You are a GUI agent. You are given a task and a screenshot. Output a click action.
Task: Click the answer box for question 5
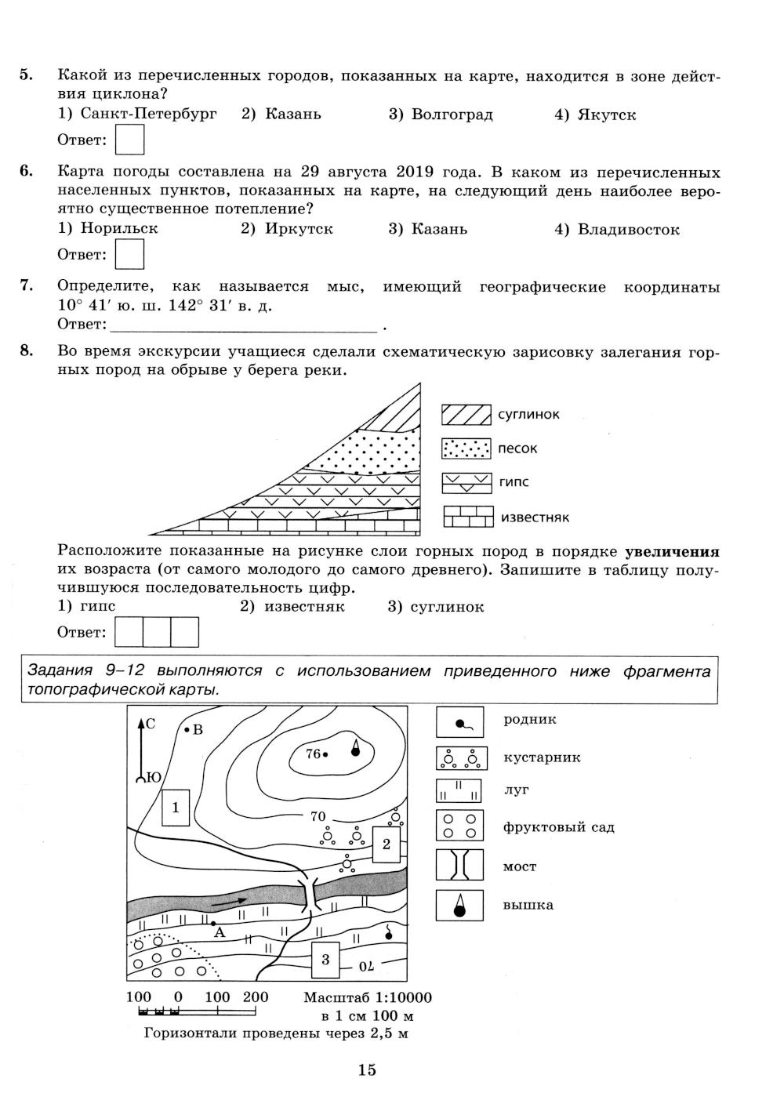click(129, 140)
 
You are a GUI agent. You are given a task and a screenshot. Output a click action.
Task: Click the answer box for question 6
click(129, 254)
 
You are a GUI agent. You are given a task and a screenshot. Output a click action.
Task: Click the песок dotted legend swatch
click(466, 448)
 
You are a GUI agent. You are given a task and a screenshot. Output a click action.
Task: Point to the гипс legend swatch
click(466, 482)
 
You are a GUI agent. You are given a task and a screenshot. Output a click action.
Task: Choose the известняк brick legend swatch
click(468, 517)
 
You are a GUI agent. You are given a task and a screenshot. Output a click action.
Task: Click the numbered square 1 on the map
click(176, 807)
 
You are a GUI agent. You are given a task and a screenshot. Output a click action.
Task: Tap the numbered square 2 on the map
click(386, 844)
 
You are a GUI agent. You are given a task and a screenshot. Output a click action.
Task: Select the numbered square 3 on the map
click(325, 959)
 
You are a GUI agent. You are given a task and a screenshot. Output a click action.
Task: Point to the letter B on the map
click(198, 730)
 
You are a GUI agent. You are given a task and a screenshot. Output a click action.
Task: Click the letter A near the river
click(220, 932)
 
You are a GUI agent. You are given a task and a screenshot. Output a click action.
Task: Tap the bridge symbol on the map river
click(309, 893)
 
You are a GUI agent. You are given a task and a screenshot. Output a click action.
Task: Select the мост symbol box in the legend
click(459, 865)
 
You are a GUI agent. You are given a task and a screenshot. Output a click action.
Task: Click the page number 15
click(367, 1069)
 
